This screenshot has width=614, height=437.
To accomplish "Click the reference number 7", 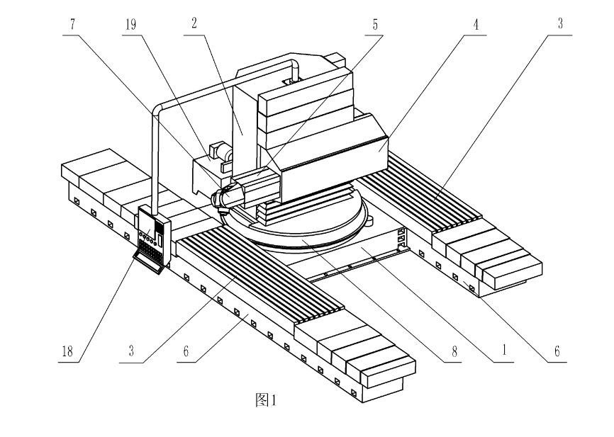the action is point(72,24).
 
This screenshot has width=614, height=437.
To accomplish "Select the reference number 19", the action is point(130,24).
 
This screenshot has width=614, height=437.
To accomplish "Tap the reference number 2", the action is point(194,24).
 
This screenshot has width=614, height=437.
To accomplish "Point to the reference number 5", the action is point(375,24).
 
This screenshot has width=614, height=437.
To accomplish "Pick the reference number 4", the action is point(476,24).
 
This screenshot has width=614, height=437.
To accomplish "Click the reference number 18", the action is point(67,351).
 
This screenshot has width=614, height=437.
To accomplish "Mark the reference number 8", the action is point(454,351).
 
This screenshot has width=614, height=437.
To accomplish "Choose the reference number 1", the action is point(504,350).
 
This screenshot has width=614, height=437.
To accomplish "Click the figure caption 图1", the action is point(266,400).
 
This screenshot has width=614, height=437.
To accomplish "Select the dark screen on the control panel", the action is point(159,227).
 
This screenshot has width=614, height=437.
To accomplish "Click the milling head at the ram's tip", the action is point(221,200).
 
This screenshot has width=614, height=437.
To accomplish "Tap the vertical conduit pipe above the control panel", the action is point(155,160).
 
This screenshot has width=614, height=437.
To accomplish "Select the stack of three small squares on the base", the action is point(401,238).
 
